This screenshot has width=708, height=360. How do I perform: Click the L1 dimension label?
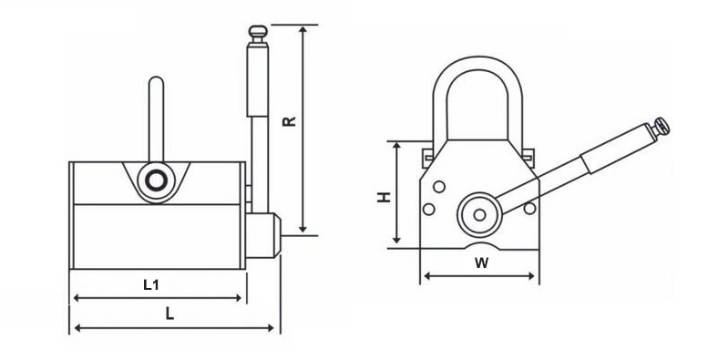pyautogui.click(x=151, y=285)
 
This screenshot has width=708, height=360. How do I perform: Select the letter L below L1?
pyautogui.click(x=169, y=314)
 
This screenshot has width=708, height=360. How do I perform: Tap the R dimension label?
pyautogui.click(x=289, y=121)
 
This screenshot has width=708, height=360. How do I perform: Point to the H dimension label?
pyautogui.click(x=385, y=197)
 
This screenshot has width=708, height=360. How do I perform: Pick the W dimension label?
pyautogui.click(x=481, y=262)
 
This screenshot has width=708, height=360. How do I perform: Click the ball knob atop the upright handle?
pyautogui.click(x=258, y=32)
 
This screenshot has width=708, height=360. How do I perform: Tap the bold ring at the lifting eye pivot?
pyautogui.click(x=156, y=181)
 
